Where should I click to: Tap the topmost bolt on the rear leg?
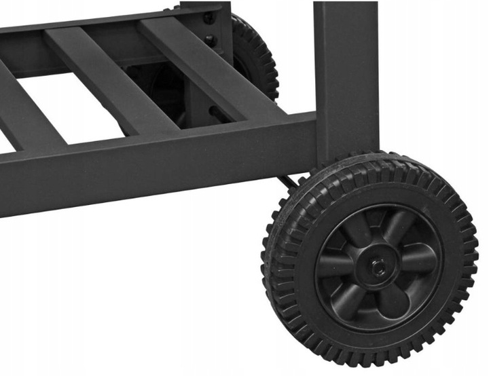(x=209, y=16)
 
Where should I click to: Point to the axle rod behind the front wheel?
(x=290, y=182)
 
